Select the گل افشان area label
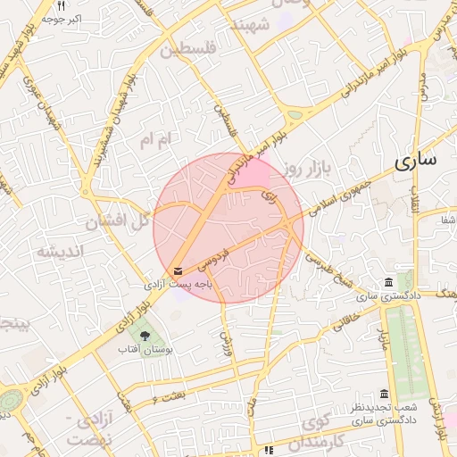pyautogui.click(x=117, y=220)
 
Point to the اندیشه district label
pyautogui.click(x=60, y=251)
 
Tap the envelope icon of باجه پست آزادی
pyautogui.click(x=179, y=270)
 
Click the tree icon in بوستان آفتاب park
pyautogui.click(x=145, y=335)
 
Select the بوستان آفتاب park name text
pyautogui.click(x=145, y=349)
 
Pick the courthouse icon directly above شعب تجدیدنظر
pyautogui.click(x=384, y=394)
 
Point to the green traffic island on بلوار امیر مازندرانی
pyautogui.click(x=295, y=113)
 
